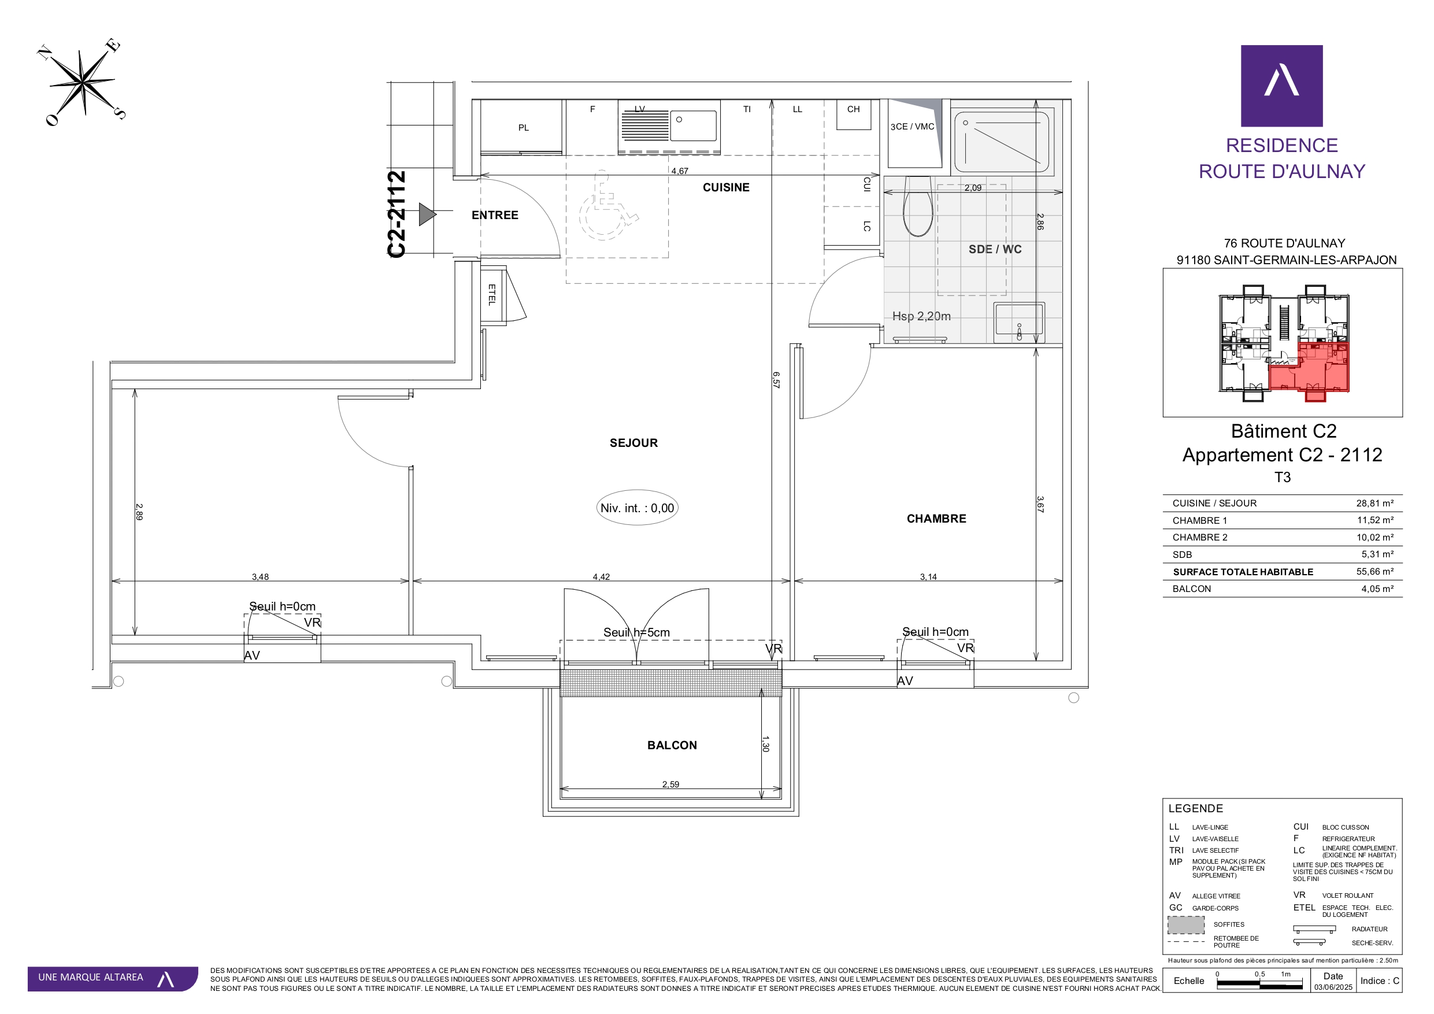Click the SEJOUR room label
[633, 443]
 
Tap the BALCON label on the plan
[672, 745]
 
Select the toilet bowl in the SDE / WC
[917, 207]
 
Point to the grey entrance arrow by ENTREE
[427, 214]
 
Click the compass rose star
[83, 82]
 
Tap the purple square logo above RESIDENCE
[1281, 86]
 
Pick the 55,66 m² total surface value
[1374, 572]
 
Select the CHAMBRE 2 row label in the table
[1200, 537]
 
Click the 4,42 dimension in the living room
[601, 576]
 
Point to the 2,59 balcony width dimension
[670, 784]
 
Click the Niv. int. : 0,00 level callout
[637, 508]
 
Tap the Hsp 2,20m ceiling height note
[921, 316]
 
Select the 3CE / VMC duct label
[912, 127]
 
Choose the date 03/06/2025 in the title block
[1333, 987]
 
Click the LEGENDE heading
[1195, 808]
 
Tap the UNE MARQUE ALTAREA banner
[113, 978]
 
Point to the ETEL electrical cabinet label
[492, 294]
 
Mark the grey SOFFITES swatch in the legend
[1186, 924]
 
